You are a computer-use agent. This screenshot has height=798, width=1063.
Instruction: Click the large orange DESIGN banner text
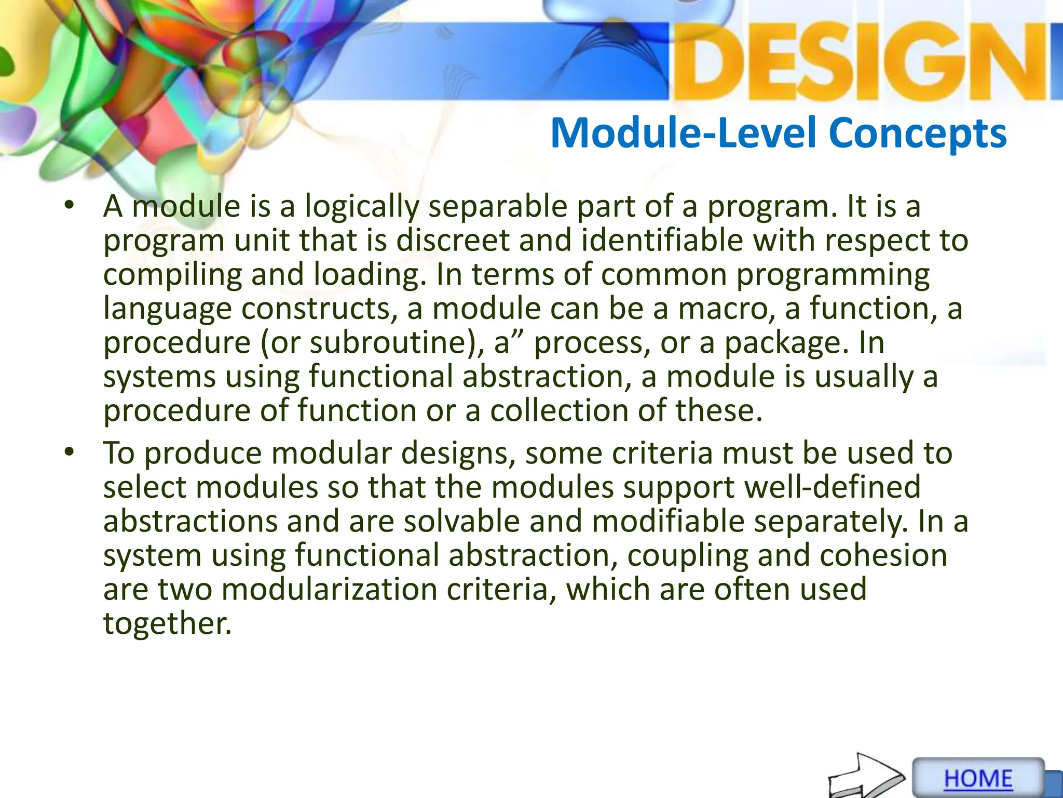tap(862, 62)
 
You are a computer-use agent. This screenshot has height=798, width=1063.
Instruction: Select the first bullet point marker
tap(70, 206)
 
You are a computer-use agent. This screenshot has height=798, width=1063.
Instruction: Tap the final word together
tap(167, 624)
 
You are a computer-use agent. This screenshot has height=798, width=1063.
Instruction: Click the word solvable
tap(461, 522)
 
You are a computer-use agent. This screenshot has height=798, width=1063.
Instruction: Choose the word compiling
tap(172, 275)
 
